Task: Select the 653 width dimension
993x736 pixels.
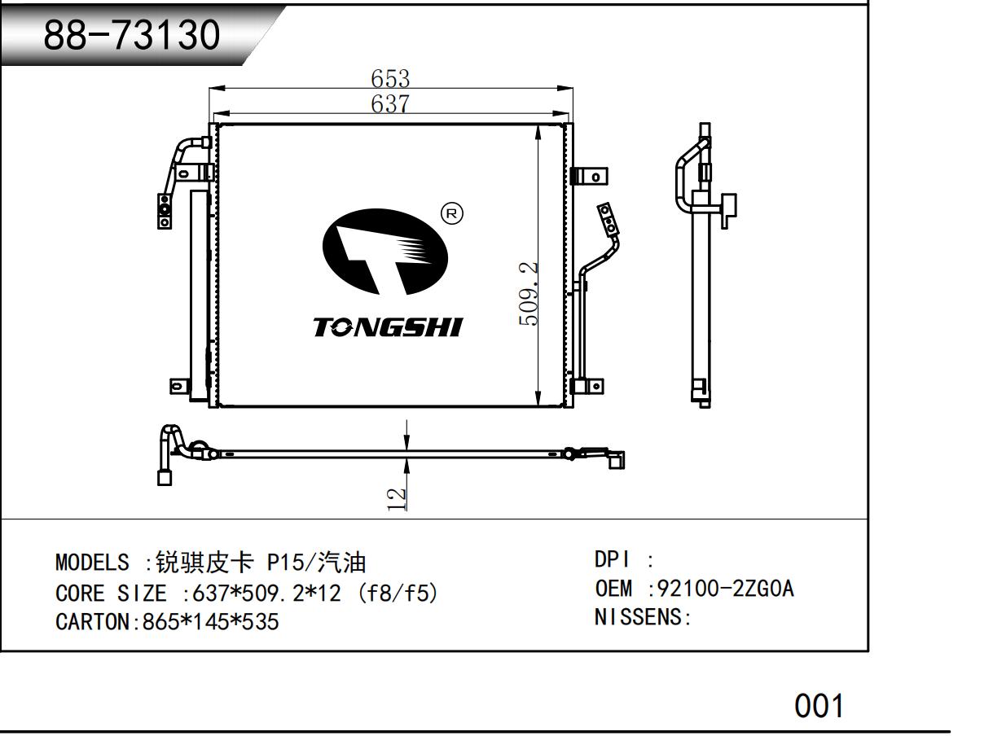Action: click(x=389, y=79)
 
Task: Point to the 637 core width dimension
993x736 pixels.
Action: click(x=389, y=104)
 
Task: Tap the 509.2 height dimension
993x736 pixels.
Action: click(x=529, y=293)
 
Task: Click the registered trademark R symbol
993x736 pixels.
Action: click(x=452, y=214)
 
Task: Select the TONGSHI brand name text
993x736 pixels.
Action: click(x=388, y=327)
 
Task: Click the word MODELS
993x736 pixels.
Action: click(x=91, y=563)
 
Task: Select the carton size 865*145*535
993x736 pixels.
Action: click(x=210, y=622)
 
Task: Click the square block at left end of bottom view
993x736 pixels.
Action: click(x=165, y=476)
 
